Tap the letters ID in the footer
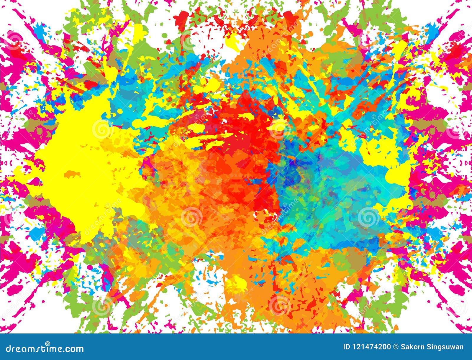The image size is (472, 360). pyautogui.click(x=347, y=347)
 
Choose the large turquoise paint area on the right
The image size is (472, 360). pyautogui.click(x=333, y=189)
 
